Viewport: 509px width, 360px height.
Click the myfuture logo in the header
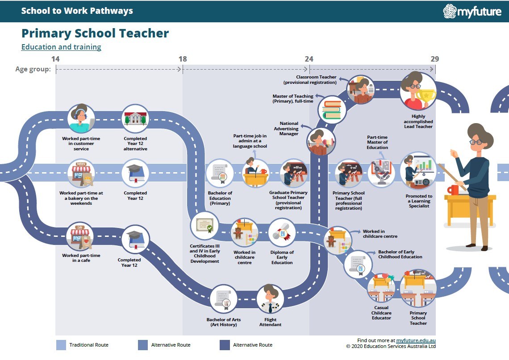pyautogui.click(x=472, y=11)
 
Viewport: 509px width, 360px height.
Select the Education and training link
pyautogui.click(x=61, y=47)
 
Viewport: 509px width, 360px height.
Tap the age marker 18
pyautogui.click(x=183, y=59)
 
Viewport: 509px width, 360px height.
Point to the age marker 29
pyautogui.click(x=435, y=59)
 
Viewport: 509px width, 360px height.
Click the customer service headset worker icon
pyautogui.click(x=81, y=119)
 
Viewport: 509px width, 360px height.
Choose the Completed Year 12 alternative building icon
pyautogui.click(x=135, y=119)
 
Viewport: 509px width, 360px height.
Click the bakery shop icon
pyautogui.click(x=81, y=173)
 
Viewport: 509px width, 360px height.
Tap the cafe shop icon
pyautogui.click(x=80, y=237)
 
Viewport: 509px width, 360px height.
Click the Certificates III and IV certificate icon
pyautogui.click(x=204, y=225)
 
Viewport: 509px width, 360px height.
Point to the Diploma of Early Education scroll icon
pyautogui.click(x=282, y=232)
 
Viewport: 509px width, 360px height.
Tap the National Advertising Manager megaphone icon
pyautogui.click(x=321, y=142)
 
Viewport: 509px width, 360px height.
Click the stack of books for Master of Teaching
pyautogui.click(x=332, y=110)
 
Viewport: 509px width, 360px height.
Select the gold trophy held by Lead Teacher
pyautogui.click(x=426, y=97)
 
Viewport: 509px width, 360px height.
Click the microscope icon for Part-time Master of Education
pyautogui.click(x=381, y=173)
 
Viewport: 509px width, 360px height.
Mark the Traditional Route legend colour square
pyautogui.click(x=61, y=345)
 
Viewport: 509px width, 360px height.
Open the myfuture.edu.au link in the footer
pyautogui.click(x=416, y=340)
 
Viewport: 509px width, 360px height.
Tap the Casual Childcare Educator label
pyautogui.click(x=381, y=313)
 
